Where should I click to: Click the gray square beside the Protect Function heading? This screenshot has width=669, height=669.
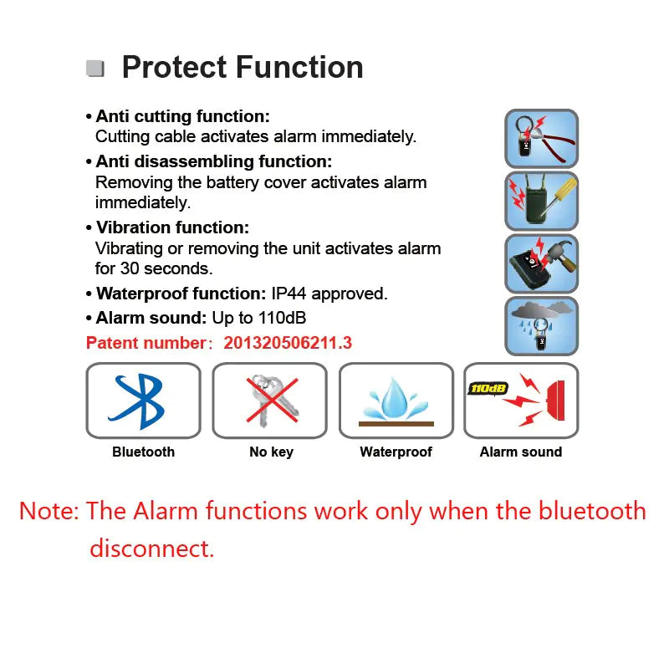[x=95, y=69]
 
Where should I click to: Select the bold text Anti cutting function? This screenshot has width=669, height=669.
[x=182, y=117]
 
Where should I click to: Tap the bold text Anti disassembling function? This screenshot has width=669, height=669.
[x=213, y=161]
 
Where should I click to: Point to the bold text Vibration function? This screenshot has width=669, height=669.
[x=172, y=227]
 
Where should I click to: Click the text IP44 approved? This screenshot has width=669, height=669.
[x=329, y=294]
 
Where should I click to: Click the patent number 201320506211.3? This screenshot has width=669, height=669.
[x=288, y=343]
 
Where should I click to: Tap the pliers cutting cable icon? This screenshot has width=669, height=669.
[x=541, y=138]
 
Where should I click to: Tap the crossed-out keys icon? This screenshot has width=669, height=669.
[x=270, y=401]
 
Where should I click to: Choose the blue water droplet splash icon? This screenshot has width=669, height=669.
[x=396, y=400]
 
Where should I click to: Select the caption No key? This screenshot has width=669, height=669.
[x=271, y=452]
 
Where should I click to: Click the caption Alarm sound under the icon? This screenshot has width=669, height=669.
[x=520, y=452]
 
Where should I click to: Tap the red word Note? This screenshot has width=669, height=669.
[x=49, y=511]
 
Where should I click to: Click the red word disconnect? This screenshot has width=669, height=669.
[x=151, y=549]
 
